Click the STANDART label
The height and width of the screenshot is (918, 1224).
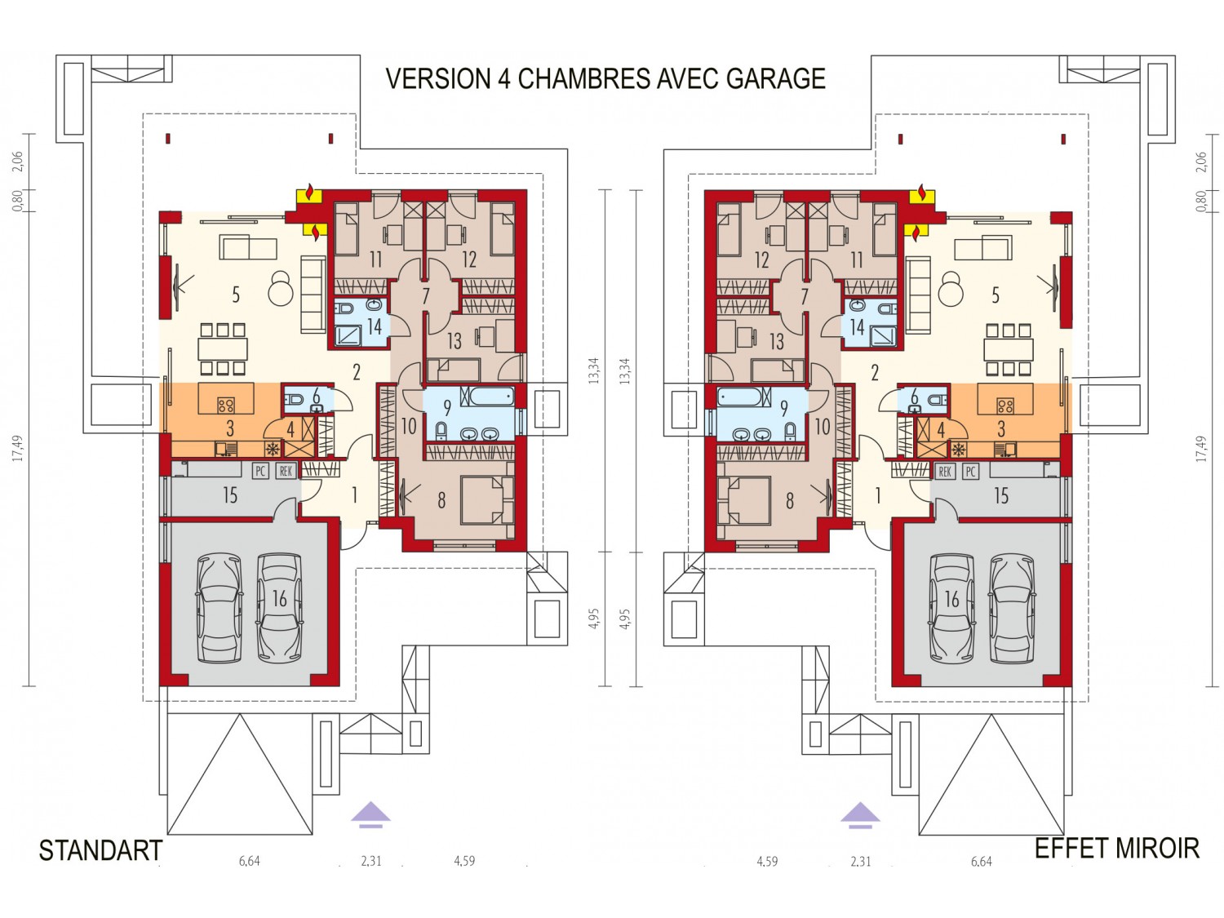pyautogui.click(x=100, y=850)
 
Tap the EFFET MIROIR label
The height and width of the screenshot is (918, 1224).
pyautogui.click(x=1117, y=849)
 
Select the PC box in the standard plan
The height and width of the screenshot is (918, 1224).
pyautogui.click(x=259, y=471)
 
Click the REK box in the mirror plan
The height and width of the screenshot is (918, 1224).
pyautogui.click(x=945, y=472)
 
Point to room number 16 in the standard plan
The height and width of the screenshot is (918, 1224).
pyautogui.click(x=279, y=599)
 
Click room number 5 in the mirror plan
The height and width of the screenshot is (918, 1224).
pyautogui.click(x=996, y=295)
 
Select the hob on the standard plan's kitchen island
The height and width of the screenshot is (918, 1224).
pyautogui.click(x=226, y=404)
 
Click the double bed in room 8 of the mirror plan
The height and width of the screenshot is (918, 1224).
pyautogui.click(x=743, y=500)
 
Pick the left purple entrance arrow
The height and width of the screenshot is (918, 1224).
pyautogui.click(x=370, y=815)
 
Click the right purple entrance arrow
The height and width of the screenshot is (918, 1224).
pyautogui.click(x=860, y=815)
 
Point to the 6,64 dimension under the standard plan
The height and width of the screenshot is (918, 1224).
pyautogui.click(x=249, y=861)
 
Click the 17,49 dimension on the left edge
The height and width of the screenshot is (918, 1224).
pyautogui.click(x=19, y=449)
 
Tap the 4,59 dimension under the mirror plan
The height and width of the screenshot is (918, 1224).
pyautogui.click(x=767, y=861)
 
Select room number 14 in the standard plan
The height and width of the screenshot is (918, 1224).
pyautogui.click(x=375, y=326)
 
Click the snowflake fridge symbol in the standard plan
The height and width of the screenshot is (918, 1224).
pyautogui.click(x=272, y=449)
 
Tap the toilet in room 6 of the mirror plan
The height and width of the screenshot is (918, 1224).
pyautogui.click(x=938, y=399)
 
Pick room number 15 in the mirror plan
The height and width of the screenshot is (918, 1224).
pyautogui.click(x=1001, y=495)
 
